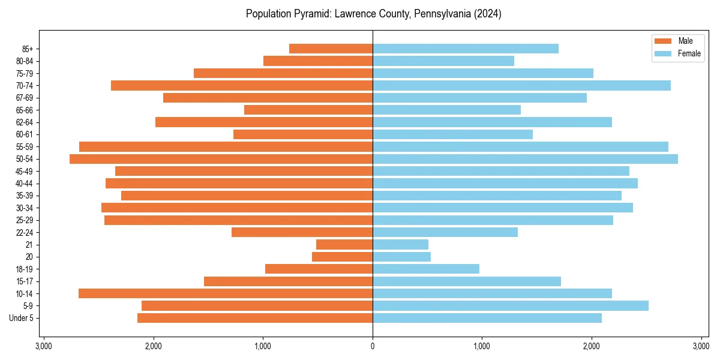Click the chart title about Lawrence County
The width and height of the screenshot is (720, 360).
point(373,14)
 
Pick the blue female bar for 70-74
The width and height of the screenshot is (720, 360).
point(521,86)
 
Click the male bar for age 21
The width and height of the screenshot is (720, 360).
point(344,245)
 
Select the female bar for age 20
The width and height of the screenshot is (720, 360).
point(401,257)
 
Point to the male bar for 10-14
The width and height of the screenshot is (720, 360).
point(226,293)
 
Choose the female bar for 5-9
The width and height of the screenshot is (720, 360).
point(511,305)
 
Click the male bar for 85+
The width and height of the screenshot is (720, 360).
point(331,49)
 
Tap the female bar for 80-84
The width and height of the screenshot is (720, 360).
point(443,61)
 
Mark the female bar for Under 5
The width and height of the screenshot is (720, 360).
point(487,318)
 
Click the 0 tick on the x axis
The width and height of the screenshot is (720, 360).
point(373,346)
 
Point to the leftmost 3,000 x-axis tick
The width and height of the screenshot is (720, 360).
point(44,346)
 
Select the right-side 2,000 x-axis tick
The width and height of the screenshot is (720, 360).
point(592,346)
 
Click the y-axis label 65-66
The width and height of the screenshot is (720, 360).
point(24,110)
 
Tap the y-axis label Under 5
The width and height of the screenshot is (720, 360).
point(22,318)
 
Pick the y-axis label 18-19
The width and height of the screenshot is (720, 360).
point(24,269)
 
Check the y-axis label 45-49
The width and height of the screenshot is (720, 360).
point(24,171)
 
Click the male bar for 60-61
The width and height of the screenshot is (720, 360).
point(303,134)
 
